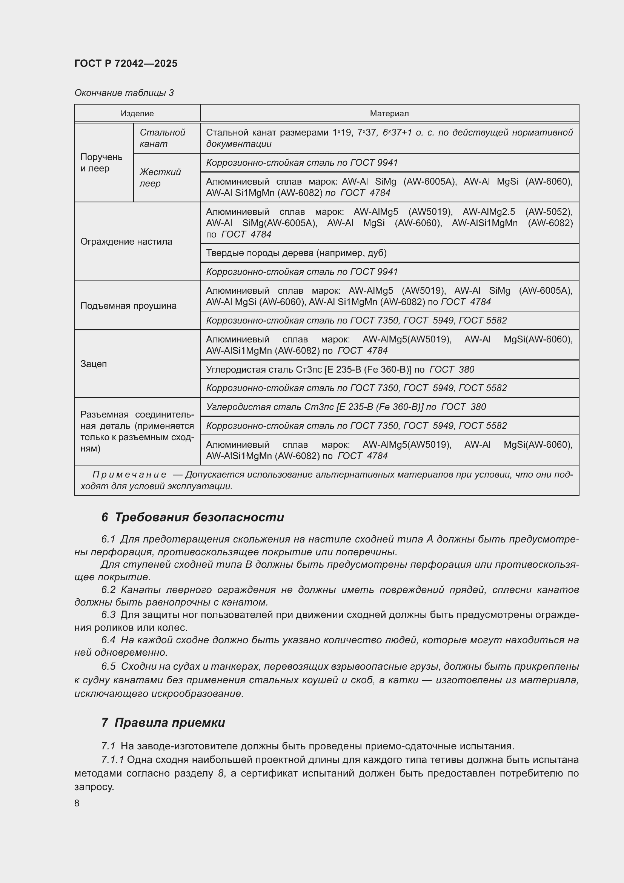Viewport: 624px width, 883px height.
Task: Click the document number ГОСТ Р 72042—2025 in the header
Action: point(126,63)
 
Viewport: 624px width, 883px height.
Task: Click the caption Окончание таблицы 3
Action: point(124,93)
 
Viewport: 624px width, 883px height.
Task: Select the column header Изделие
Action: point(137,114)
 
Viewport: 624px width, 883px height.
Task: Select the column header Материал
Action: point(389,114)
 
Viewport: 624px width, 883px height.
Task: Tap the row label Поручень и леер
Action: point(101,162)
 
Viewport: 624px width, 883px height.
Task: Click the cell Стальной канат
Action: point(162,138)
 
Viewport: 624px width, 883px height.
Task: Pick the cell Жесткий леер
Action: point(160,177)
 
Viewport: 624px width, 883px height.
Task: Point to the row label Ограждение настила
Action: point(126,242)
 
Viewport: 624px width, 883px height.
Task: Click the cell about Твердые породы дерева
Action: point(296,253)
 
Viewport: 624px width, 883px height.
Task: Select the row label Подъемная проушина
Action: point(128,306)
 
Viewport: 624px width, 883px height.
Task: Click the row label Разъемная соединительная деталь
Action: point(137,431)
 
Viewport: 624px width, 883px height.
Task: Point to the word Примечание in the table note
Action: point(129,475)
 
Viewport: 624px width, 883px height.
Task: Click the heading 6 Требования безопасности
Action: point(192,517)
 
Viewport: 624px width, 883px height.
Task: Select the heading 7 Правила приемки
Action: point(163,723)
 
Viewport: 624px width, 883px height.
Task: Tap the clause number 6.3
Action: point(108,615)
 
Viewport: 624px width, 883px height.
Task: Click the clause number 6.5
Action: point(108,666)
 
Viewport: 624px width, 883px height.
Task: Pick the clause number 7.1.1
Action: point(112,760)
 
